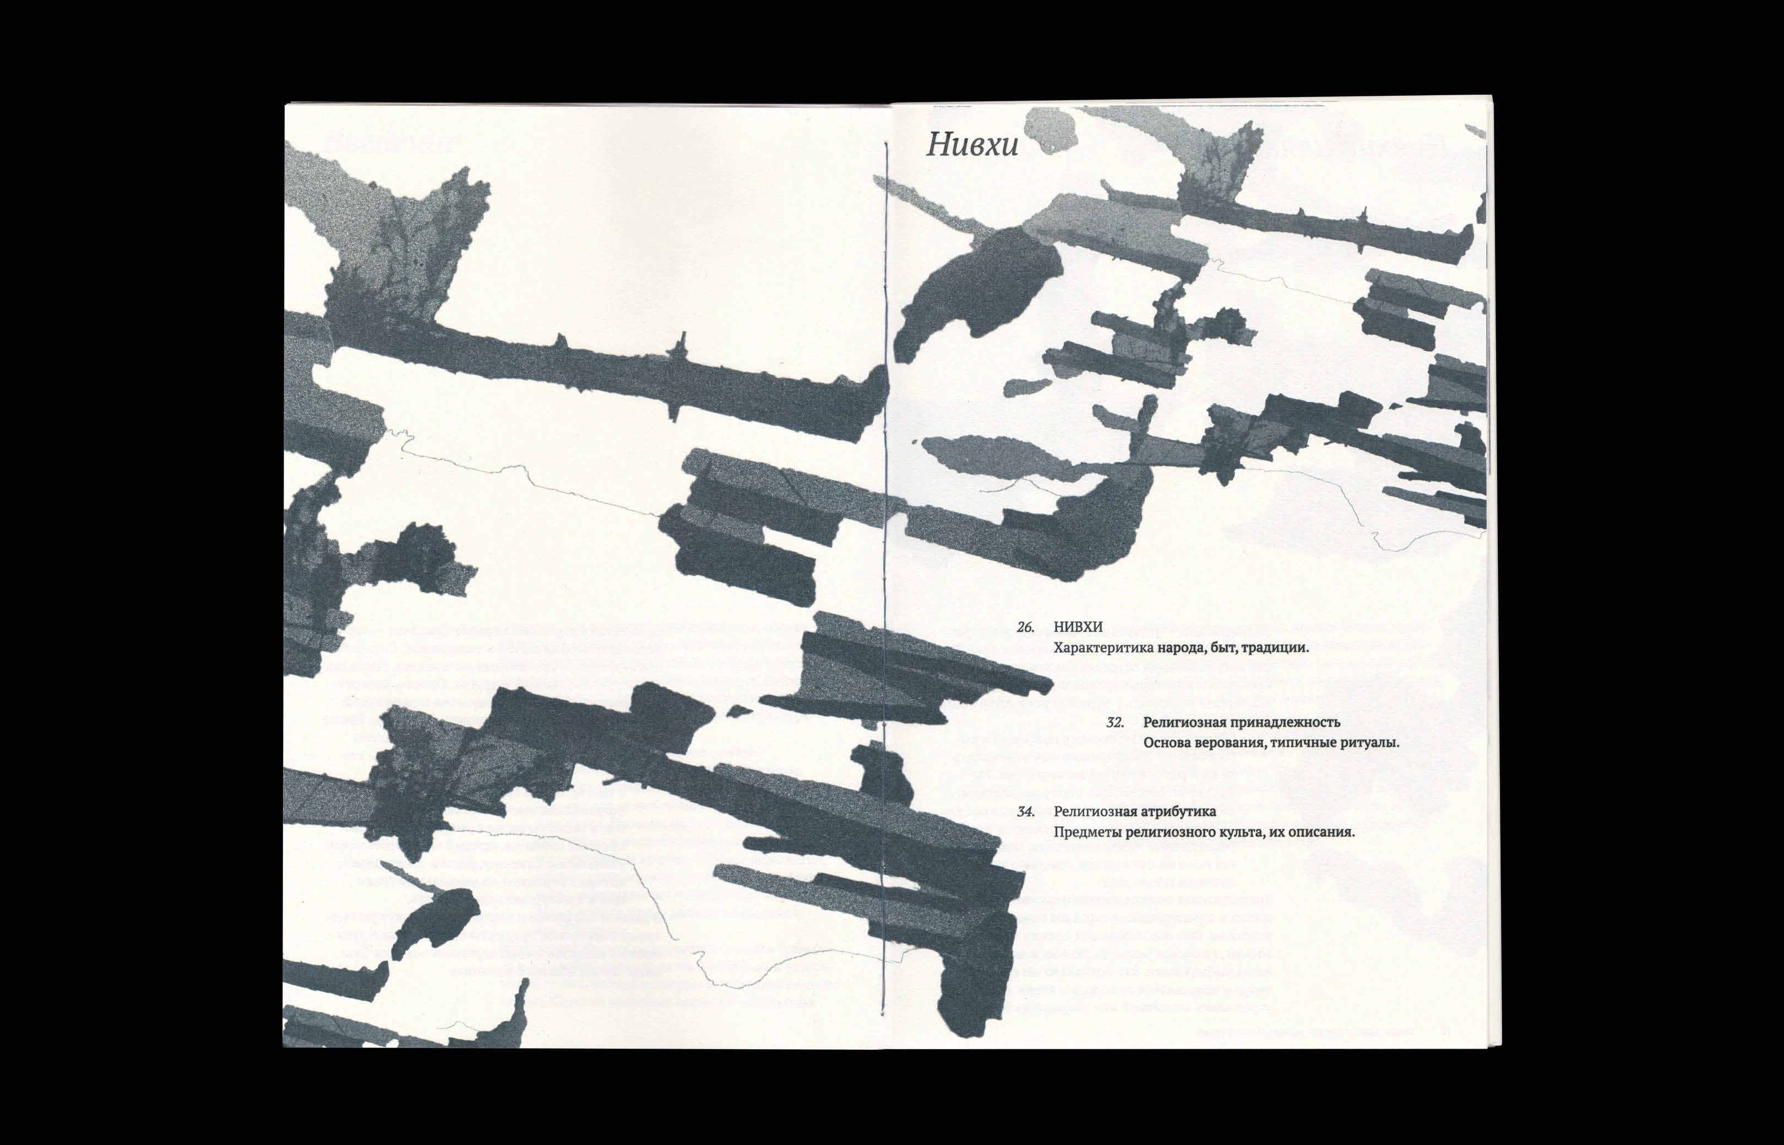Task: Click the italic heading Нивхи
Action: click(x=972, y=145)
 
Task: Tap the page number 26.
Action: click(x=1025, y=628)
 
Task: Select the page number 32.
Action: click(x=1114, y=722)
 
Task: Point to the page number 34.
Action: click(x=1025, y=812)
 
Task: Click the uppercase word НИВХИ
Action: click(x=1078, y=628)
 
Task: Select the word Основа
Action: click(x=1167, y=743)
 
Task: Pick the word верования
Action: click(x=1232, y=743)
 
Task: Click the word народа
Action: click(x=1177, y=647)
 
